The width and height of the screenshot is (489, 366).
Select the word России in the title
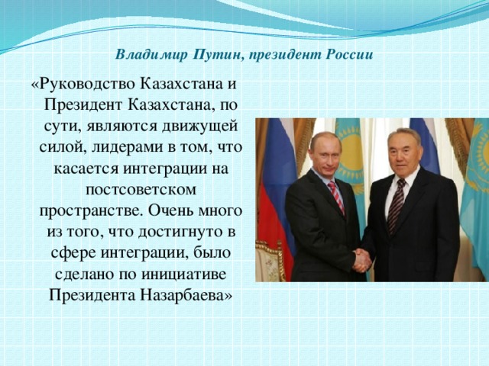tap(350, 55)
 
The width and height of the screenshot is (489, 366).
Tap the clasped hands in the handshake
tap(361, 260)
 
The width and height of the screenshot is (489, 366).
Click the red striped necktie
tap(337, 197)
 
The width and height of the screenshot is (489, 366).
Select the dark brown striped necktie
tap(397, 204)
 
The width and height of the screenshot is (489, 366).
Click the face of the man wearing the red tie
tap(323, 153)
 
